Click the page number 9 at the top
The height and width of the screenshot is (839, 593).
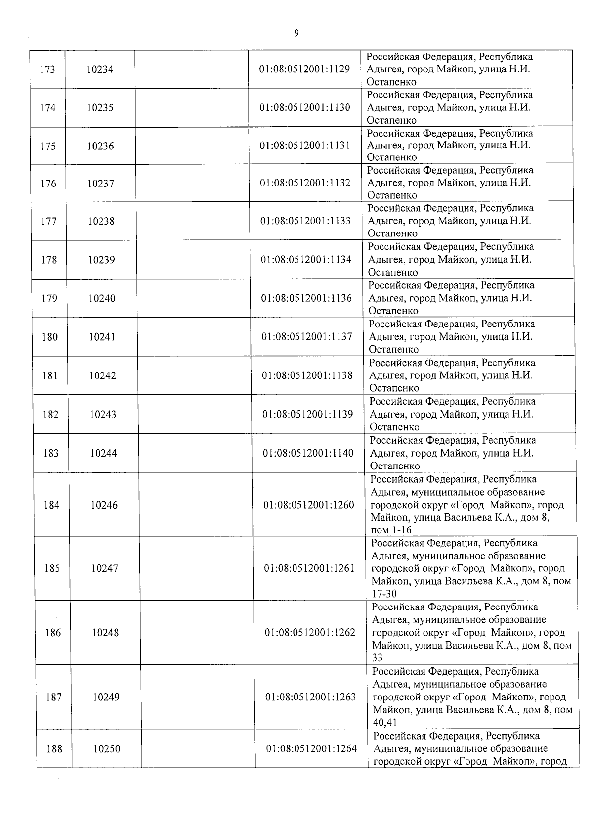click(x=296, y=33)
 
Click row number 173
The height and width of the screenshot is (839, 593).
click(x=47, y=69)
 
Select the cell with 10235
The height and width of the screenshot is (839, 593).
click(x=100, y=108)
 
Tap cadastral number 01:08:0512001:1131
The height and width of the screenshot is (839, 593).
click(x=305, y=145)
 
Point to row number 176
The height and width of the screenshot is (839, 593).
click(x=48, y=184)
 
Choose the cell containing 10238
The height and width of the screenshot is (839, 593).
click(x=101, y=221)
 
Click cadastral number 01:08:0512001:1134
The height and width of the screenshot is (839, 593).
click(x=306, y=259)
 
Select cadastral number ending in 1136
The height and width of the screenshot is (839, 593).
click(x=306, y=298)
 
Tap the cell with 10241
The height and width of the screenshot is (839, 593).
click(x=102, y=337)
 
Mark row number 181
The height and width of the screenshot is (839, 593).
click(x=50, y=375)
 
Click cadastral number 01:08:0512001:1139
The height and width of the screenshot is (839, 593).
click(x=307, y=414)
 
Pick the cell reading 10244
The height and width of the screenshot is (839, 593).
click(x=103, y=453)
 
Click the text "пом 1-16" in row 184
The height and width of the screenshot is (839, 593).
click(x=391, y=530)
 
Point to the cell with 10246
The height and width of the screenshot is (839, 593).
click(x=104, y=505)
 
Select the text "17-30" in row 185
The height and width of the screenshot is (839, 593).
click(x=384, y=594)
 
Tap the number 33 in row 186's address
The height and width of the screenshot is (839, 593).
click(x=378, y=658)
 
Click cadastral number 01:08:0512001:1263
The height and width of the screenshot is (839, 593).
click(x=310, y=697)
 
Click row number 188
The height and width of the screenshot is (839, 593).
click(x=54, y=749)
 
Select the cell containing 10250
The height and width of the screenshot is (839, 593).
click(x=107, y=749)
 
